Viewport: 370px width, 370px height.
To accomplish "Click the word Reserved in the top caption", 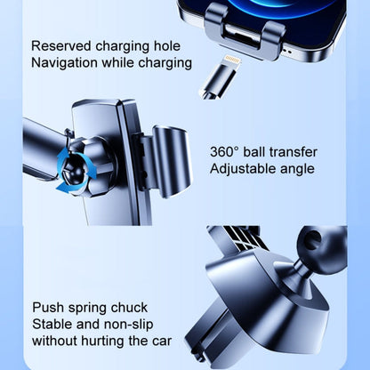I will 60,44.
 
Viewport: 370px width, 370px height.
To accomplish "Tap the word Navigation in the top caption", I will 64,62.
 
